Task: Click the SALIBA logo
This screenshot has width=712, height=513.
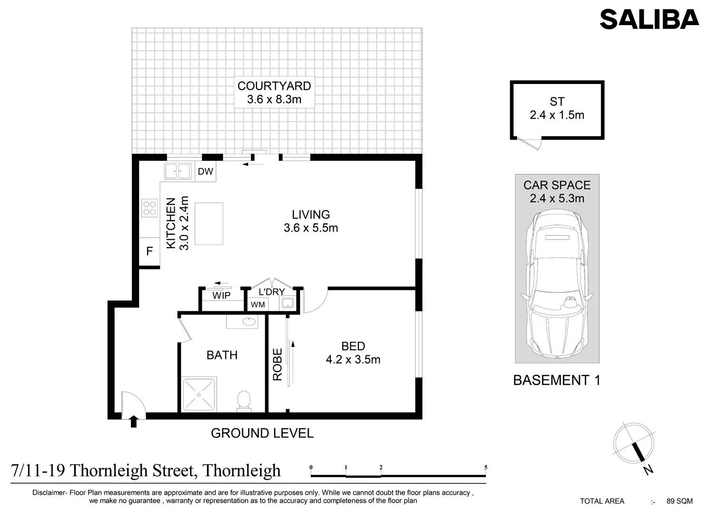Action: click(x=649, y=19)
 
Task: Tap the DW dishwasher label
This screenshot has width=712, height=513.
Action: click(x=206, y=172)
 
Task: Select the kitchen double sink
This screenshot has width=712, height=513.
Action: click(x=178, y=172)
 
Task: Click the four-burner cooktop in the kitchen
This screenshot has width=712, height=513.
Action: click(x=150, y=208)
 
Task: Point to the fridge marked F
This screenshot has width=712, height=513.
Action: click(x=150, y=252)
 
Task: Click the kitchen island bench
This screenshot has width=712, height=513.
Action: click(x=209, y=224)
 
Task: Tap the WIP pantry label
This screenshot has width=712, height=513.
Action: click(x=221, y=296)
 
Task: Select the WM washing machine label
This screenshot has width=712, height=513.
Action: click(x=258, y=305)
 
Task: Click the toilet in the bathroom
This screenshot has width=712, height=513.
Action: click(x=244, y=401)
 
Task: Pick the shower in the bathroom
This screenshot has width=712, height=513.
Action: click(x=199, y=394)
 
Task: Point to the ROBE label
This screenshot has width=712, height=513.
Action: click(x=278, y=364)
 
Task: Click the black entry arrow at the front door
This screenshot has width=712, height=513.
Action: click(x=133, y=421)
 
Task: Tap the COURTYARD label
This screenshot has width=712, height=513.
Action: click(x=274, y=86)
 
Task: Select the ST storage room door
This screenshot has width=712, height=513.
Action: click(x=529, y=143)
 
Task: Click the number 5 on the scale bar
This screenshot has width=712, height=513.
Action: click(x=486, y=467)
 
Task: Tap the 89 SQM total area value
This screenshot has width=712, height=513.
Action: click(x=680, y=501)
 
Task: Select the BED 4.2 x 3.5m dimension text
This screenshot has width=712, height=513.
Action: click(x=353, y=360)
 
